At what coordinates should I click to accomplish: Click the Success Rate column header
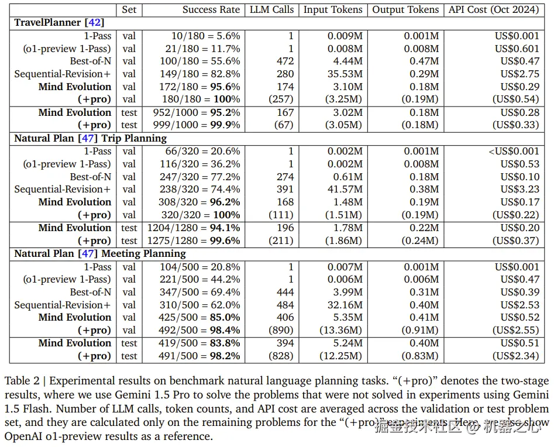coord(211,9)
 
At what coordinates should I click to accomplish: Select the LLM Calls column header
coord(271,9)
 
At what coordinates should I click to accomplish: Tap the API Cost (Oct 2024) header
coord(495,9)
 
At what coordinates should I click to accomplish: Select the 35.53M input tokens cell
coord(344,74)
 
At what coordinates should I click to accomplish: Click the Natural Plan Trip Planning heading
coord(90,138)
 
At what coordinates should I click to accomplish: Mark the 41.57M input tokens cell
coord(344,189)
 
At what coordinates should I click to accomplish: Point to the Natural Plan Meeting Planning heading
coord(99,253)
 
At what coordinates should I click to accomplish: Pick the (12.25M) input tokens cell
coord(341,356)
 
